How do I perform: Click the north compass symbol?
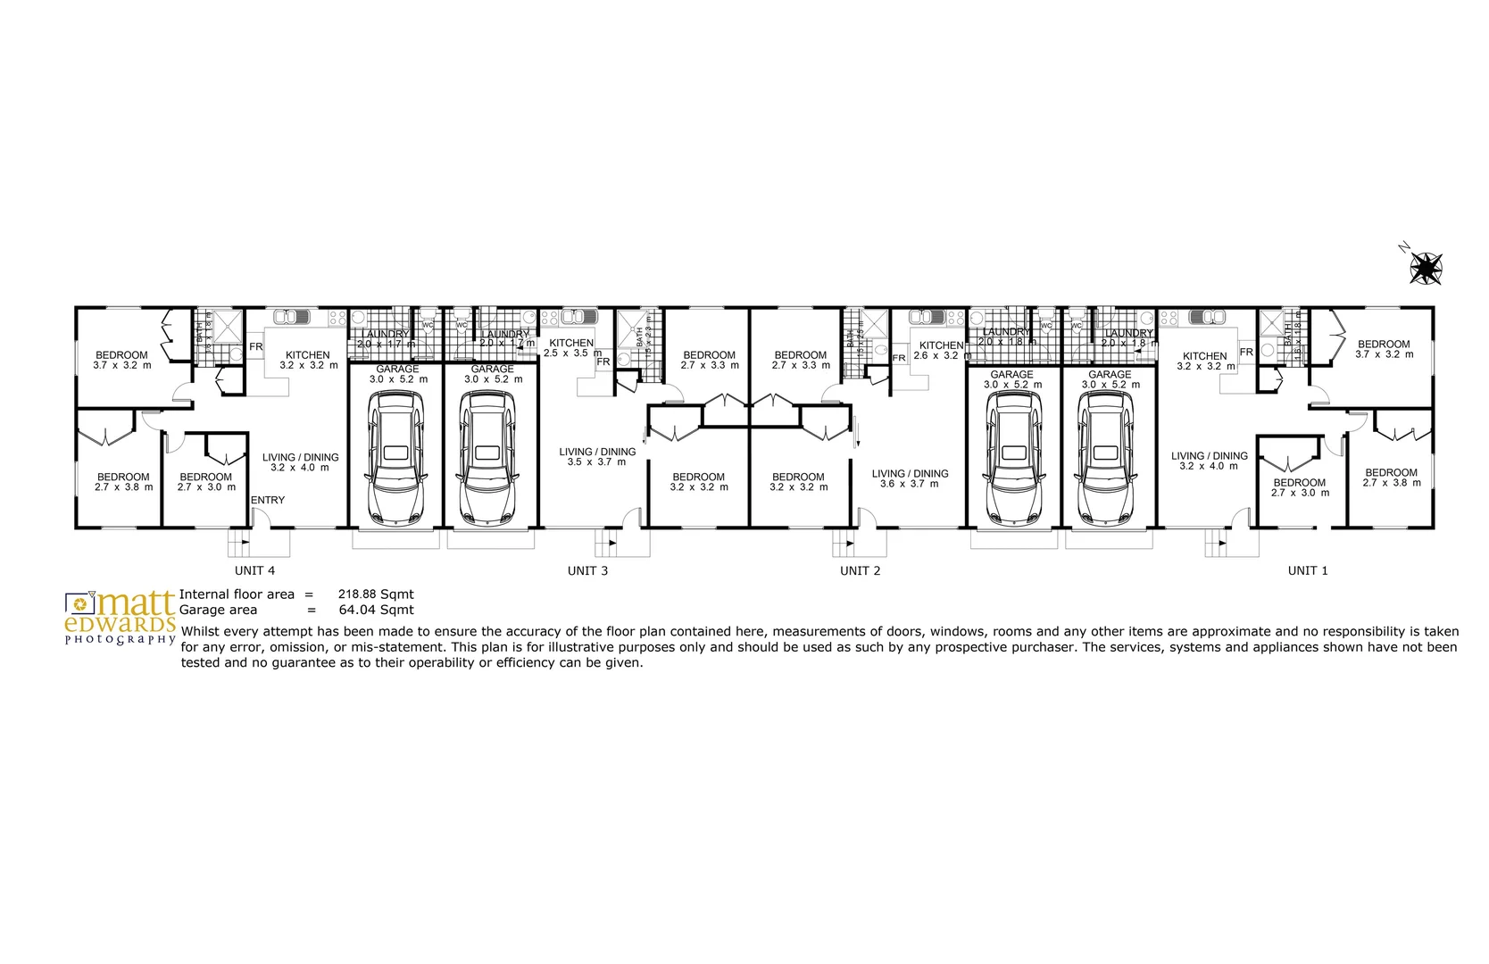pos(1426,266)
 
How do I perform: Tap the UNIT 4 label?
pos(254,570)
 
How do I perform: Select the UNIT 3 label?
pos(587,570)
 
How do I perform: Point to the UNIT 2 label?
pos(860,570)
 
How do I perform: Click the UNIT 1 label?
pos(1307,570)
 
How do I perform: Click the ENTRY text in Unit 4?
pos(268,500)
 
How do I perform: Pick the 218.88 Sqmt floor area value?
pos(375,594)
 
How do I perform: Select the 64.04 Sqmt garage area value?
pos(375,610)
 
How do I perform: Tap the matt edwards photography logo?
pos(120,617)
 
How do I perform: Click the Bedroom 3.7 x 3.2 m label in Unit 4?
pos(122,360)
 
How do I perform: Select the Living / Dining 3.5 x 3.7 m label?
pos(597,457)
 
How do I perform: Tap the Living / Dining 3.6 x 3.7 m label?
pos(910,478)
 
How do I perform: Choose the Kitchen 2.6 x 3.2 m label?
pos(941,350)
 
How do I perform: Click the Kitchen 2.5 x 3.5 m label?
pos(571,347)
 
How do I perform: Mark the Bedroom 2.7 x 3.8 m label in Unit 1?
pos(1391,478)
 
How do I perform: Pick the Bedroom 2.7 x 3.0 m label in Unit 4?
pos(206,482)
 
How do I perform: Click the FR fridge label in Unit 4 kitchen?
pos(256,347)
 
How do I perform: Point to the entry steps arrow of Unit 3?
pos(611,542)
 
